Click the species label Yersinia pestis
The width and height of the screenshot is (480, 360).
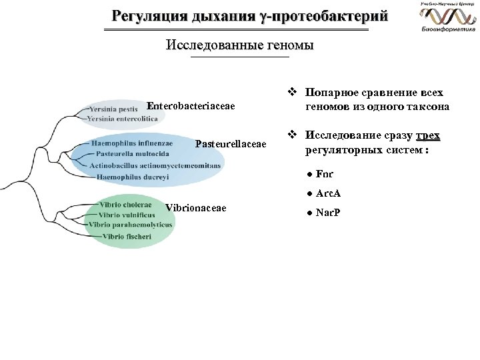[x=115, y=108]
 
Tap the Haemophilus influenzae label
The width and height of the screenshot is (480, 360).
[x=132, y=143]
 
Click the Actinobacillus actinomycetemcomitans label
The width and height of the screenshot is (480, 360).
[x=155, y=165]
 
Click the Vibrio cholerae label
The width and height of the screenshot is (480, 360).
[x=125, y=205]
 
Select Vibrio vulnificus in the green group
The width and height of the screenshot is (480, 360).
[x=127, y=215]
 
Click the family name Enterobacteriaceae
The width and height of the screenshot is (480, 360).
[x=191, y=106]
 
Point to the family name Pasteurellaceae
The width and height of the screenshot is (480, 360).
[x=231, y=144]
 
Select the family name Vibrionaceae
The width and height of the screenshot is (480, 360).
[x=195, y=208]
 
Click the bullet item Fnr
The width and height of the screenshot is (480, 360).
[x=325, y=174]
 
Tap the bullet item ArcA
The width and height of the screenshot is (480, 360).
[x=327, y=193]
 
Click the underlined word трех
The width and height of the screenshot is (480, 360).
[x=427, y=137]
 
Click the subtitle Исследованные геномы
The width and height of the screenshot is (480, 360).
[x=239, y=46]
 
